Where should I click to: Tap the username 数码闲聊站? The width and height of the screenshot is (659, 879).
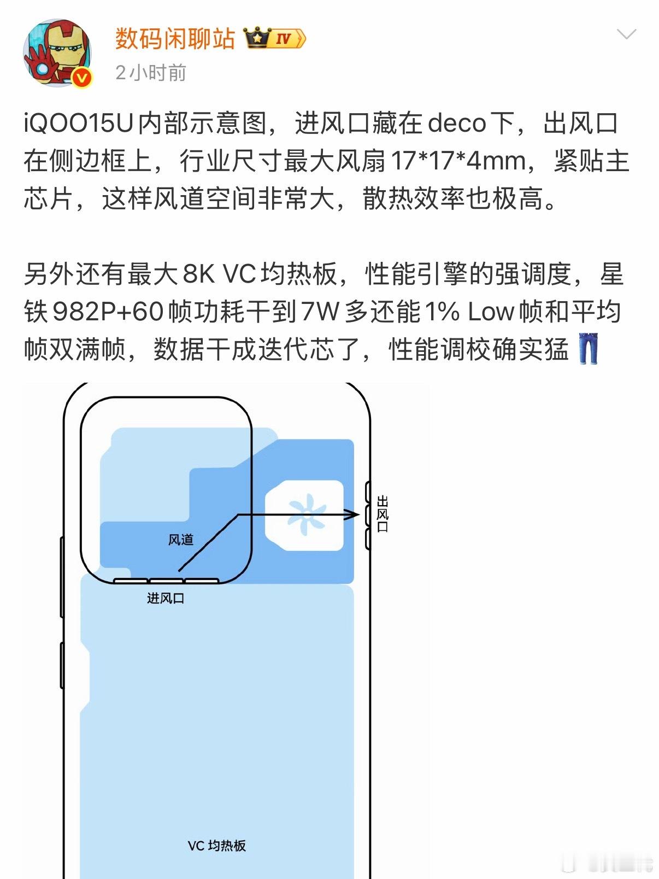[175, 39]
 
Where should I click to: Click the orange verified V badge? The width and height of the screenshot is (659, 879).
[82, 78]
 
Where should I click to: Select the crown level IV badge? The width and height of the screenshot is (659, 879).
[275, 39]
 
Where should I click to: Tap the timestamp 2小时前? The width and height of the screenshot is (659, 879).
[151, 73]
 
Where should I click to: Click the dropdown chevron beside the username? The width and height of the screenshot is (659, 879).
[626, 35]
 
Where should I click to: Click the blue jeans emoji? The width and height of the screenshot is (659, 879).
[588, 349]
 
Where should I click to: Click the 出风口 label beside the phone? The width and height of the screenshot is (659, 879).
[383, 514]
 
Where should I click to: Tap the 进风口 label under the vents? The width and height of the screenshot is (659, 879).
[166, 598]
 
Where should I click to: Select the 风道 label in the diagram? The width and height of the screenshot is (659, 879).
[181, 540]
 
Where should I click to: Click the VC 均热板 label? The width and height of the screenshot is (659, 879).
[217, 846]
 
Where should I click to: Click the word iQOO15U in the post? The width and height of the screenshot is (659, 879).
[79, 124]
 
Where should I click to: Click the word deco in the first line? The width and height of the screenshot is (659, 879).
[457, 124]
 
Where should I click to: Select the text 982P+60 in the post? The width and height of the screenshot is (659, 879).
[108, 312]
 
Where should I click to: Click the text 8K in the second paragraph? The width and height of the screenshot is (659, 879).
[199, 274]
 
